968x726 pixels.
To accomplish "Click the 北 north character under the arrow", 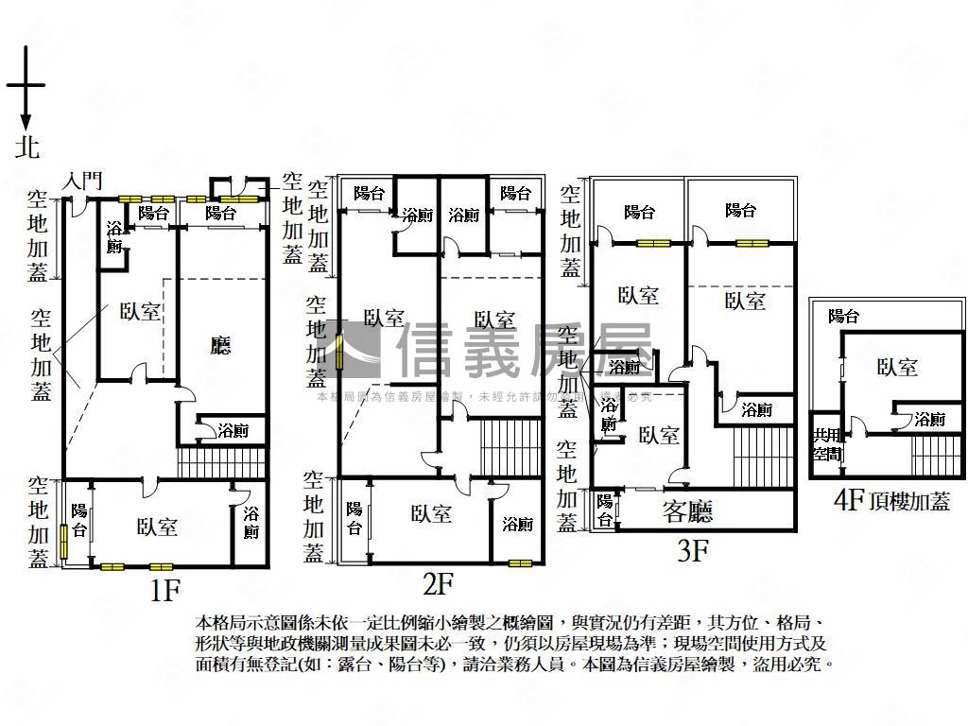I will point(27,147).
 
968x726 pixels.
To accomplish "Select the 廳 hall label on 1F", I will point(220,346).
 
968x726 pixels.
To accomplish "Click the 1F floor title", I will point(164,591).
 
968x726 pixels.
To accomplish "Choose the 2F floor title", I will point(439,583).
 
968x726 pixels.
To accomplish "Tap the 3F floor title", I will point(693,552).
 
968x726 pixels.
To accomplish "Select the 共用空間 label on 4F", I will point(827,444).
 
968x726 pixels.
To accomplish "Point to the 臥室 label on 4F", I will point(896,367).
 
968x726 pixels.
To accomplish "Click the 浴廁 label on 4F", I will point(929,419).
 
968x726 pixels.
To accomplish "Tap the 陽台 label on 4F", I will point(843,317).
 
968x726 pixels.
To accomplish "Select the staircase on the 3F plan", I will point(762,457).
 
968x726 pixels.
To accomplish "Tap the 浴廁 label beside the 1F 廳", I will point(233,431).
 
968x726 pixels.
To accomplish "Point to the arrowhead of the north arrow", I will point(26,122).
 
